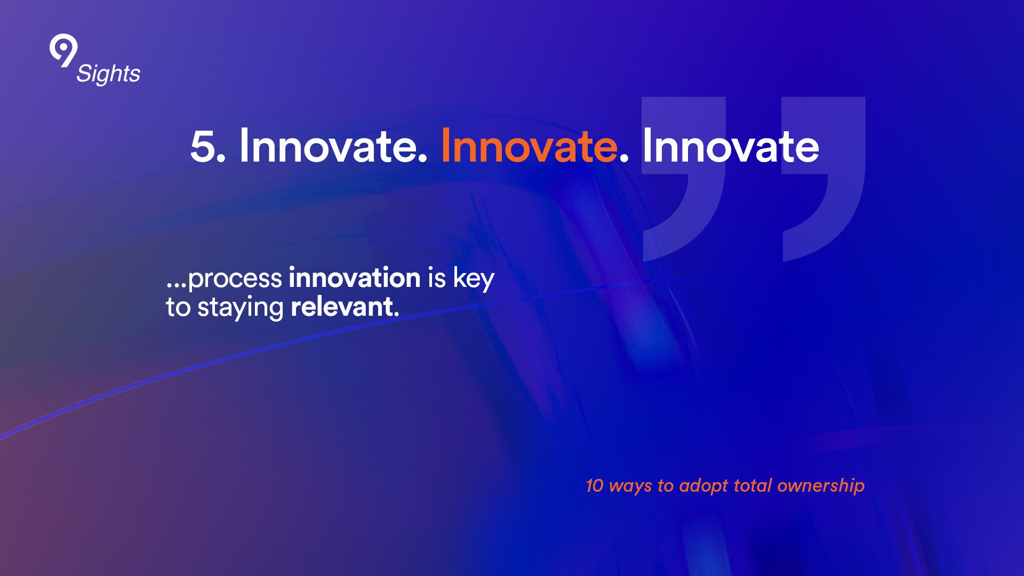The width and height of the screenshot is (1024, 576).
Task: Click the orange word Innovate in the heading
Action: click(x=529, y=146)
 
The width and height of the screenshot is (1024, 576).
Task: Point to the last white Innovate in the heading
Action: click(x=731, y=146)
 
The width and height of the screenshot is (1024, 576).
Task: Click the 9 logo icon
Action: click(x=63, y=51)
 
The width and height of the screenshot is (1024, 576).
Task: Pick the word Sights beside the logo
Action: click(x=108, y=74)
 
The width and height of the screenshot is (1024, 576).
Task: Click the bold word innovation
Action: click(x=355, y=277)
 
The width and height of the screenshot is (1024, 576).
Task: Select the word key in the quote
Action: click(x=474, y=278)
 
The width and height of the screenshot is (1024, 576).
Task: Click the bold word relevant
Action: click(x=345, y=307)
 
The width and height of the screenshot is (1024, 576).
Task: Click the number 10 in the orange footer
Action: click(x=595, y=485)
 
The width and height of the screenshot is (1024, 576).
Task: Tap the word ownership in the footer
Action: click(x=821, y=486)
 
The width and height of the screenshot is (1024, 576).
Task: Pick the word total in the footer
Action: click(x=753, y=485)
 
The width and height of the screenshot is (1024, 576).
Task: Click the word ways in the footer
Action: click(x=630, y=487)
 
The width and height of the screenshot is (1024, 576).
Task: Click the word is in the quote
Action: click(x=436, y=278)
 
